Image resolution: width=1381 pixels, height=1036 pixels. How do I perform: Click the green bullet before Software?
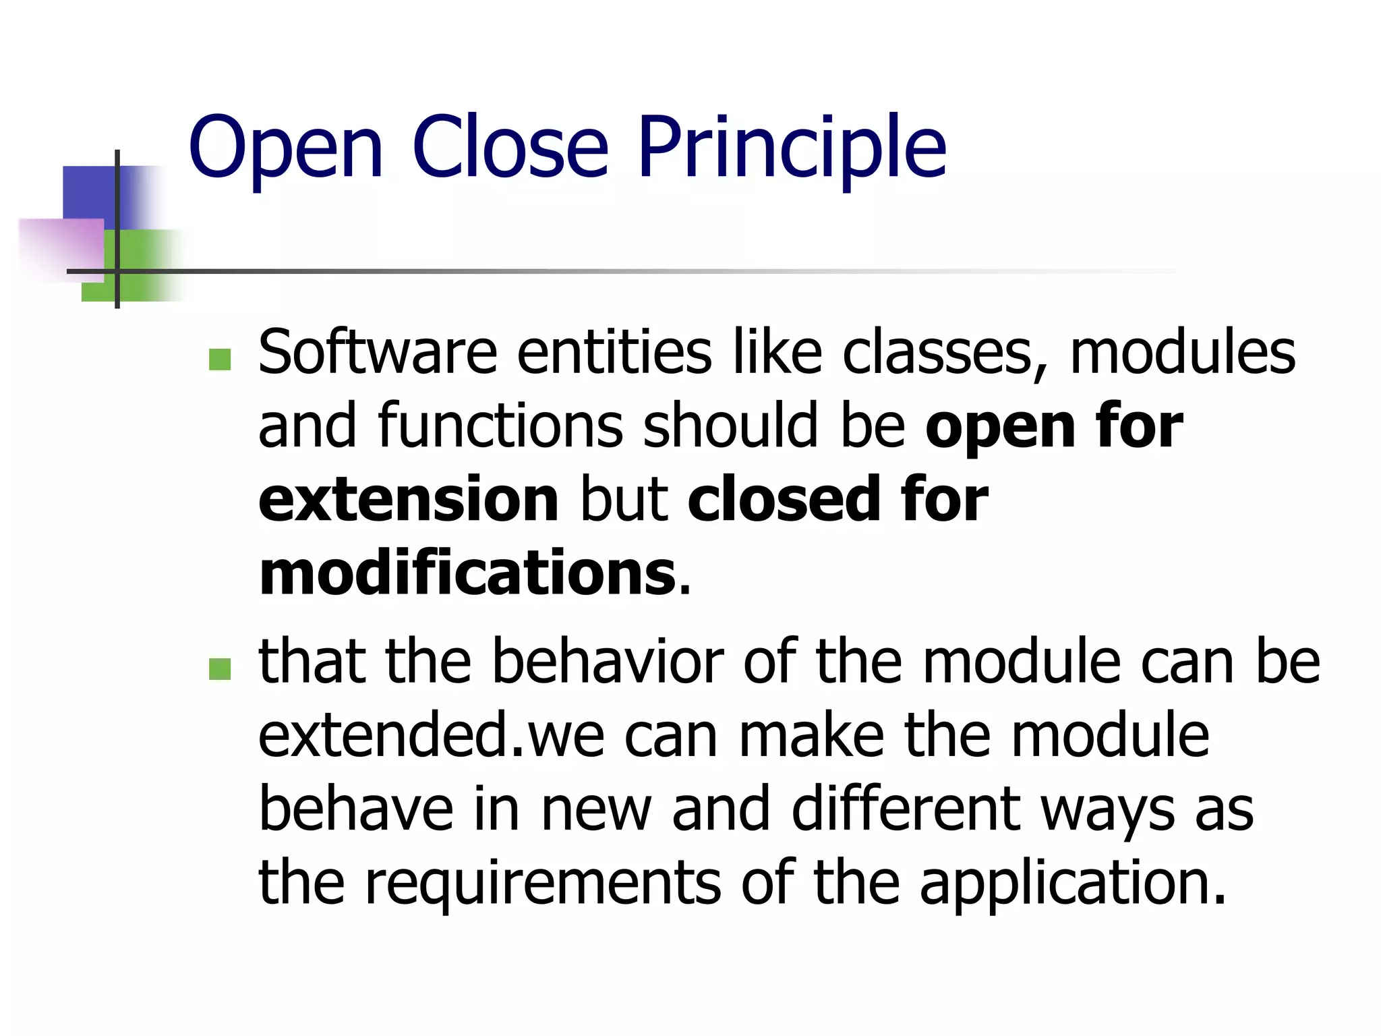(x=220, y=359)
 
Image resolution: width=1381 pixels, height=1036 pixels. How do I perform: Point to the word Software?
(x=378, y=352)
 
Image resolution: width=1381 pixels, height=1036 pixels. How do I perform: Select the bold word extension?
(x=409, y=500)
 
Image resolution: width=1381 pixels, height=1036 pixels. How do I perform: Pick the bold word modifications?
(x=467, y=574)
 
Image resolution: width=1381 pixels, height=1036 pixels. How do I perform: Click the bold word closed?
(x=783, y=500)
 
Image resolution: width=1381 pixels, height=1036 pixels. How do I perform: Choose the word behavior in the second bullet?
(x=608, y=662)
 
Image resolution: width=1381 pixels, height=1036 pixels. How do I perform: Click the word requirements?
(x=543, y=883)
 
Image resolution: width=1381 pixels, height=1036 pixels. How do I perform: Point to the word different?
(x=906, y=809)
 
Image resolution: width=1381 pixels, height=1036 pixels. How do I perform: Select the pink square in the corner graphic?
(x=61, y=248)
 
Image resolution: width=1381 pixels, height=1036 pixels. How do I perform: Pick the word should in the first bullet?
(x=731, y=426)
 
